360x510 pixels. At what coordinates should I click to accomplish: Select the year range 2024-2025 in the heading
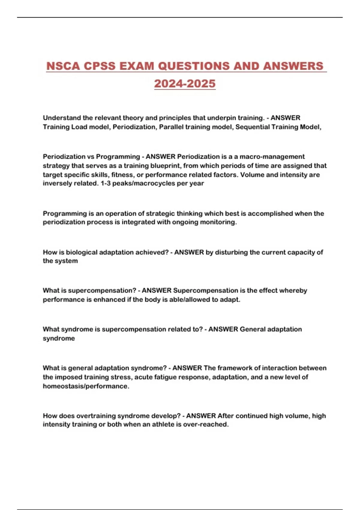(185, 83)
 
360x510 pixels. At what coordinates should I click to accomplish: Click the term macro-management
(272, 157)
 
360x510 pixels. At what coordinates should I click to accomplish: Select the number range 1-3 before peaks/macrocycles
(106, 183)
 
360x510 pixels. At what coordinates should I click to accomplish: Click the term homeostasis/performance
(86, 386)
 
